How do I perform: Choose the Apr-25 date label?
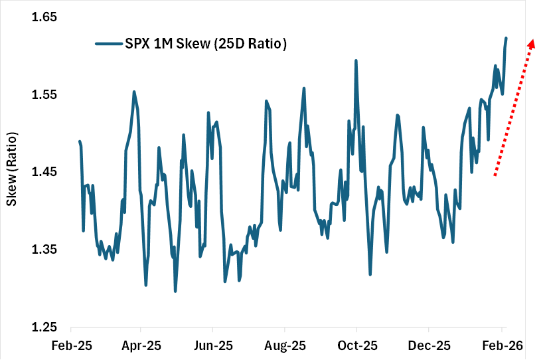point(141,345)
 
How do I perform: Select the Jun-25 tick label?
point(212,345)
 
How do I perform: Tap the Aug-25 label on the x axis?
point(285,345)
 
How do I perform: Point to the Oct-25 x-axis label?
point(356,345)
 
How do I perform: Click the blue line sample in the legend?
point(108,44)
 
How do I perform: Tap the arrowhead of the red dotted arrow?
point(531,43)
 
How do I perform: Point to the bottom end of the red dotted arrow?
point(495,175)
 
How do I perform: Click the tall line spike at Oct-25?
point(356,60)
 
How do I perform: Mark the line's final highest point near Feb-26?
point(506,38)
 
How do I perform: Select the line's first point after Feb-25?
point(80,141)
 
